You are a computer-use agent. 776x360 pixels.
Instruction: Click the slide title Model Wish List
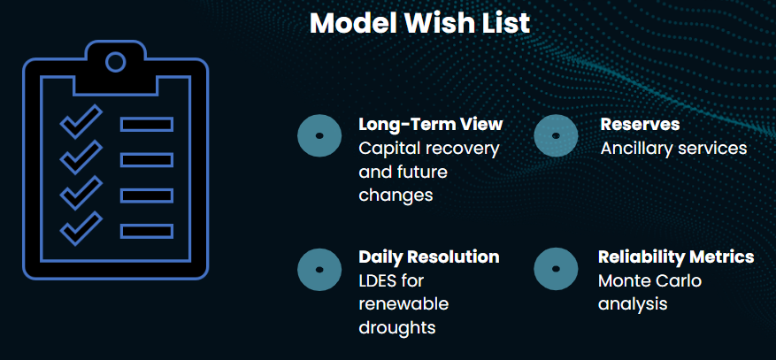[419, 22]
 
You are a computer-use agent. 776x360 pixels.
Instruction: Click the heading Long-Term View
[431, 124]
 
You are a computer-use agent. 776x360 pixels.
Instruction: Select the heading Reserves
[640, 124]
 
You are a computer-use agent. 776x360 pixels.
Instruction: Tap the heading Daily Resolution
[429, 257]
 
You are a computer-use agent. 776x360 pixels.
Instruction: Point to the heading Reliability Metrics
[676, 257]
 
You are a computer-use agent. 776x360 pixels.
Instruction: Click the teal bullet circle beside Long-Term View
[319, 135]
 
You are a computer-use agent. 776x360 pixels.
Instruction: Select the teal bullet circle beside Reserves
[556, 135]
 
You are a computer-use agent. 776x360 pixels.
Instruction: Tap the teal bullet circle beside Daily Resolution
[319, 270]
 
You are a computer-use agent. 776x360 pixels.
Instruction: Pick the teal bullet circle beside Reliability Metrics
[556, 269]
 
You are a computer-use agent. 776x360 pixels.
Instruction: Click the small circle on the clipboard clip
[116, 62]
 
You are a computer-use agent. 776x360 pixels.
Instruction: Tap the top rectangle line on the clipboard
[147, 124]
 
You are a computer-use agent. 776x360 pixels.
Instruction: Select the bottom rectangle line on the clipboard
[147, 231]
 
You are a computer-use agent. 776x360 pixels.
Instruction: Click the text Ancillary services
[673, 148]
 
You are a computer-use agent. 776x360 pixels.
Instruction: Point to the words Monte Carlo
[649, 281]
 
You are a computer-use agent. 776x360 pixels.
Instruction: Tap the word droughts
[397, 327]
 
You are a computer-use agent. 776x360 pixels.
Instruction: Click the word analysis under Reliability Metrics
[633, 304]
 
